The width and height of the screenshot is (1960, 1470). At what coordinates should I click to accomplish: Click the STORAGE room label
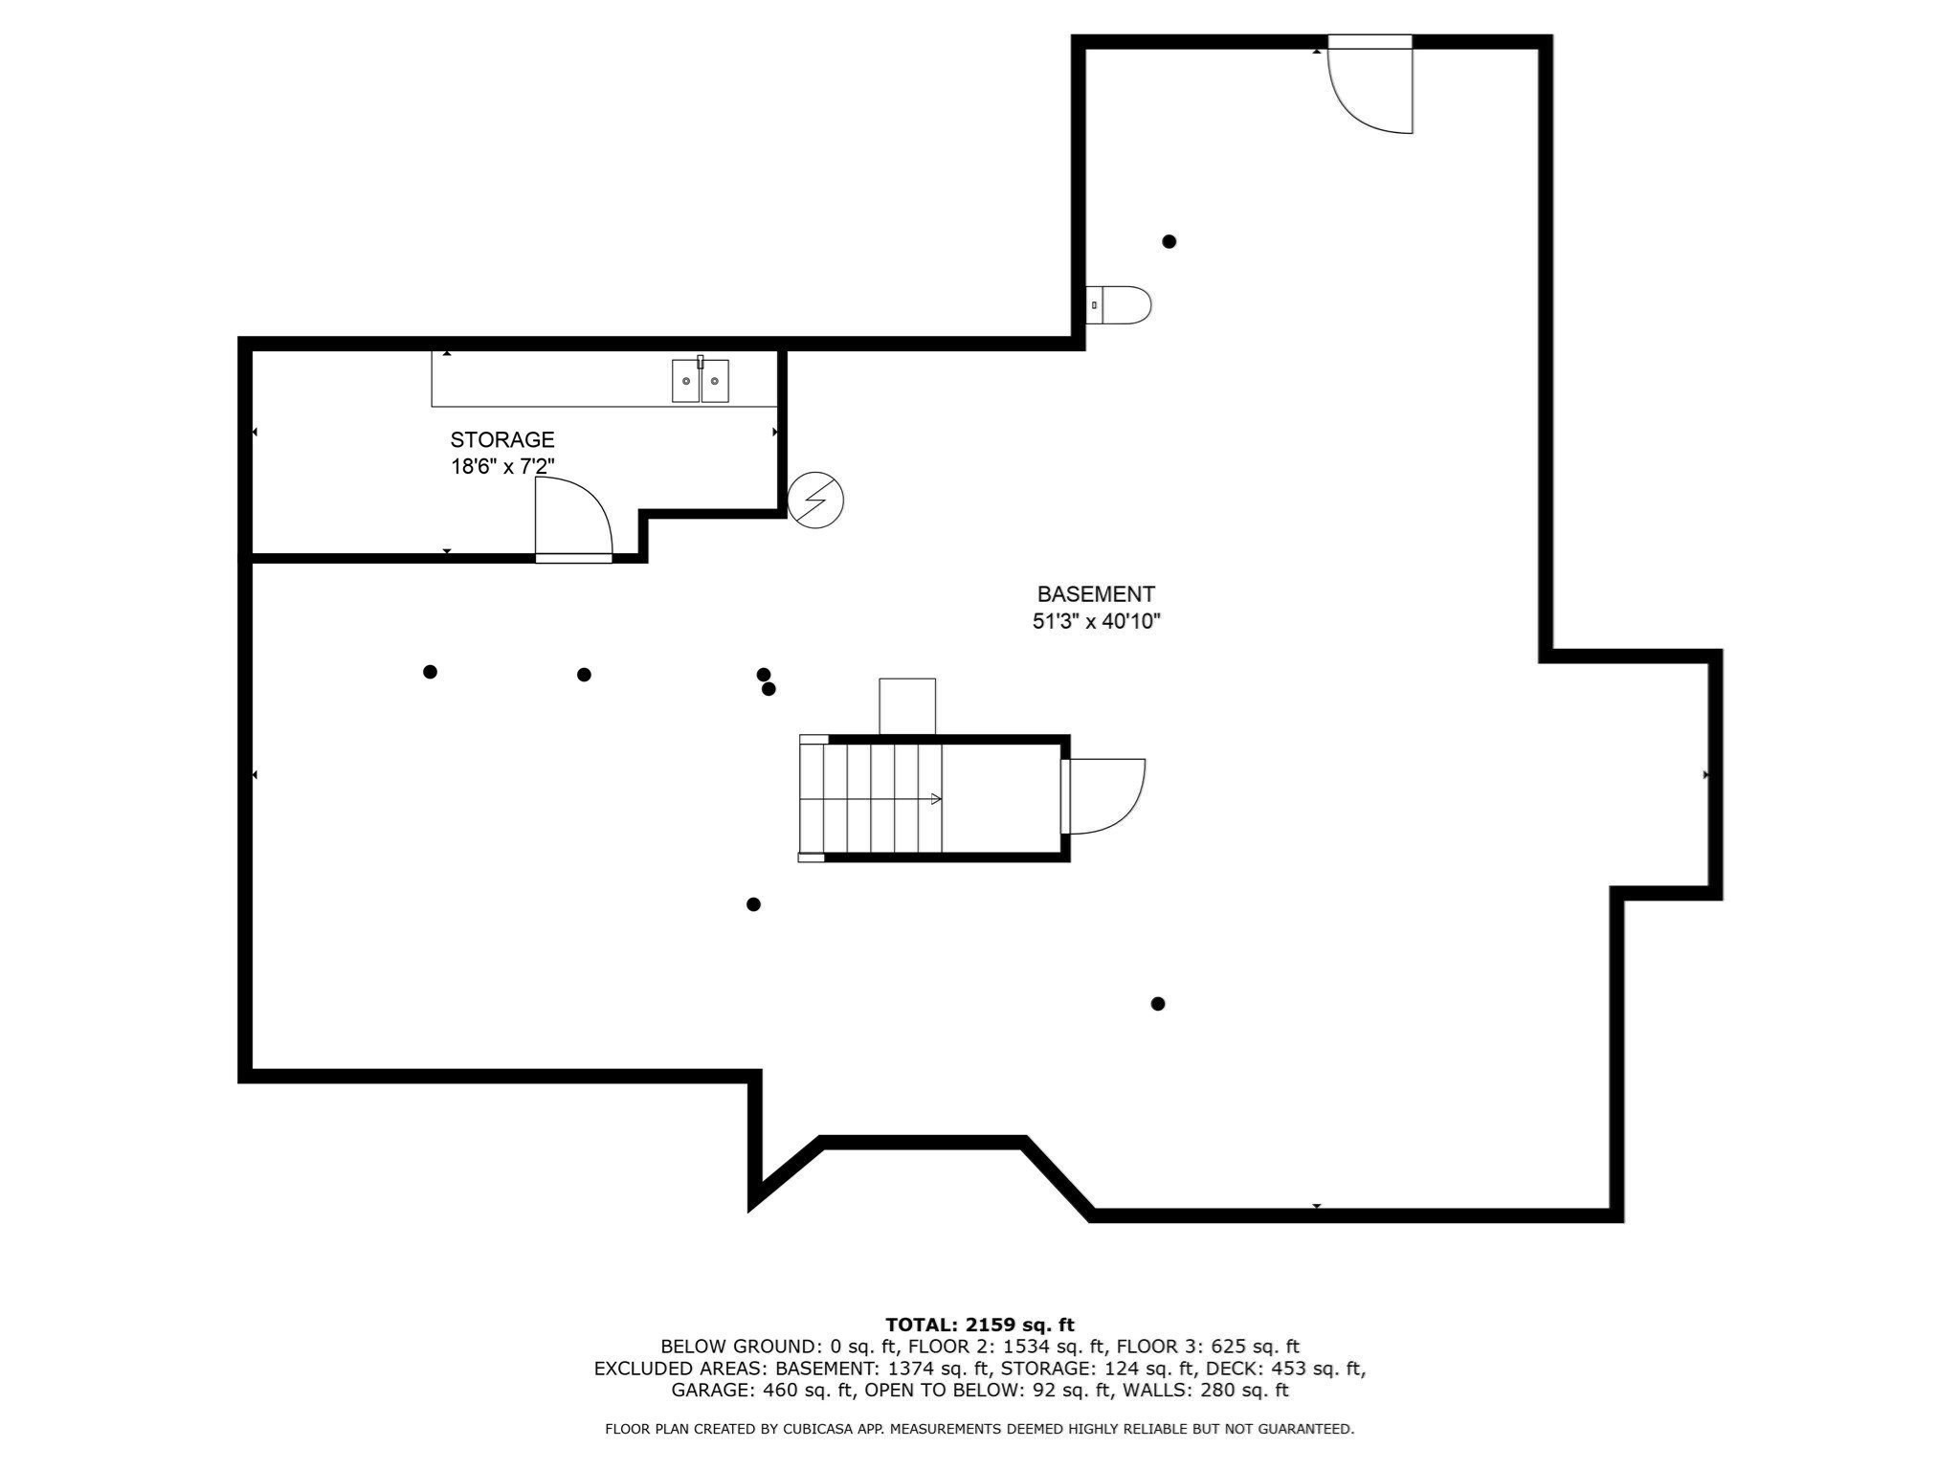tap(502, 440)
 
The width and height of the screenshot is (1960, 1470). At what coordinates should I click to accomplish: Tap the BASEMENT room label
tap(1096, 594)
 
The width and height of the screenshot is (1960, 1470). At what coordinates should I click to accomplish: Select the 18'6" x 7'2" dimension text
tap(502, 467)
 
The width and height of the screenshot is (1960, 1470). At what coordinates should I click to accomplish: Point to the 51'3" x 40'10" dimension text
tap(1096, 621)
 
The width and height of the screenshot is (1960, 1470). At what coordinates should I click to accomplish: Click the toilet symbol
tap(1120, 305)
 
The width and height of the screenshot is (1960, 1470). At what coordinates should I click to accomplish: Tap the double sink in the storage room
tap(700, 380)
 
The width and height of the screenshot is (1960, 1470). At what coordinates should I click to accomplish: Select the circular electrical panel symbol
tap(815, 500)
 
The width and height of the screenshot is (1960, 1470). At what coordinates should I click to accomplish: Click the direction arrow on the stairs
tap(935, 798)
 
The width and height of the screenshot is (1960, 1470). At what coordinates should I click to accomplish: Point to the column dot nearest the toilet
tap(1169, 241)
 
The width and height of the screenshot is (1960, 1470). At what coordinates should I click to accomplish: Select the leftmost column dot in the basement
tap(430, 672)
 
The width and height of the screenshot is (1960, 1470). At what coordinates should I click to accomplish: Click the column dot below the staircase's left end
tap(753, 904)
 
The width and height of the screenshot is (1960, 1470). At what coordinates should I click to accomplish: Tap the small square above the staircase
tap(907, 706)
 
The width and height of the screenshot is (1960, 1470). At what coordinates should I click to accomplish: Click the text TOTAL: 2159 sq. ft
tap(980, 1325)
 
